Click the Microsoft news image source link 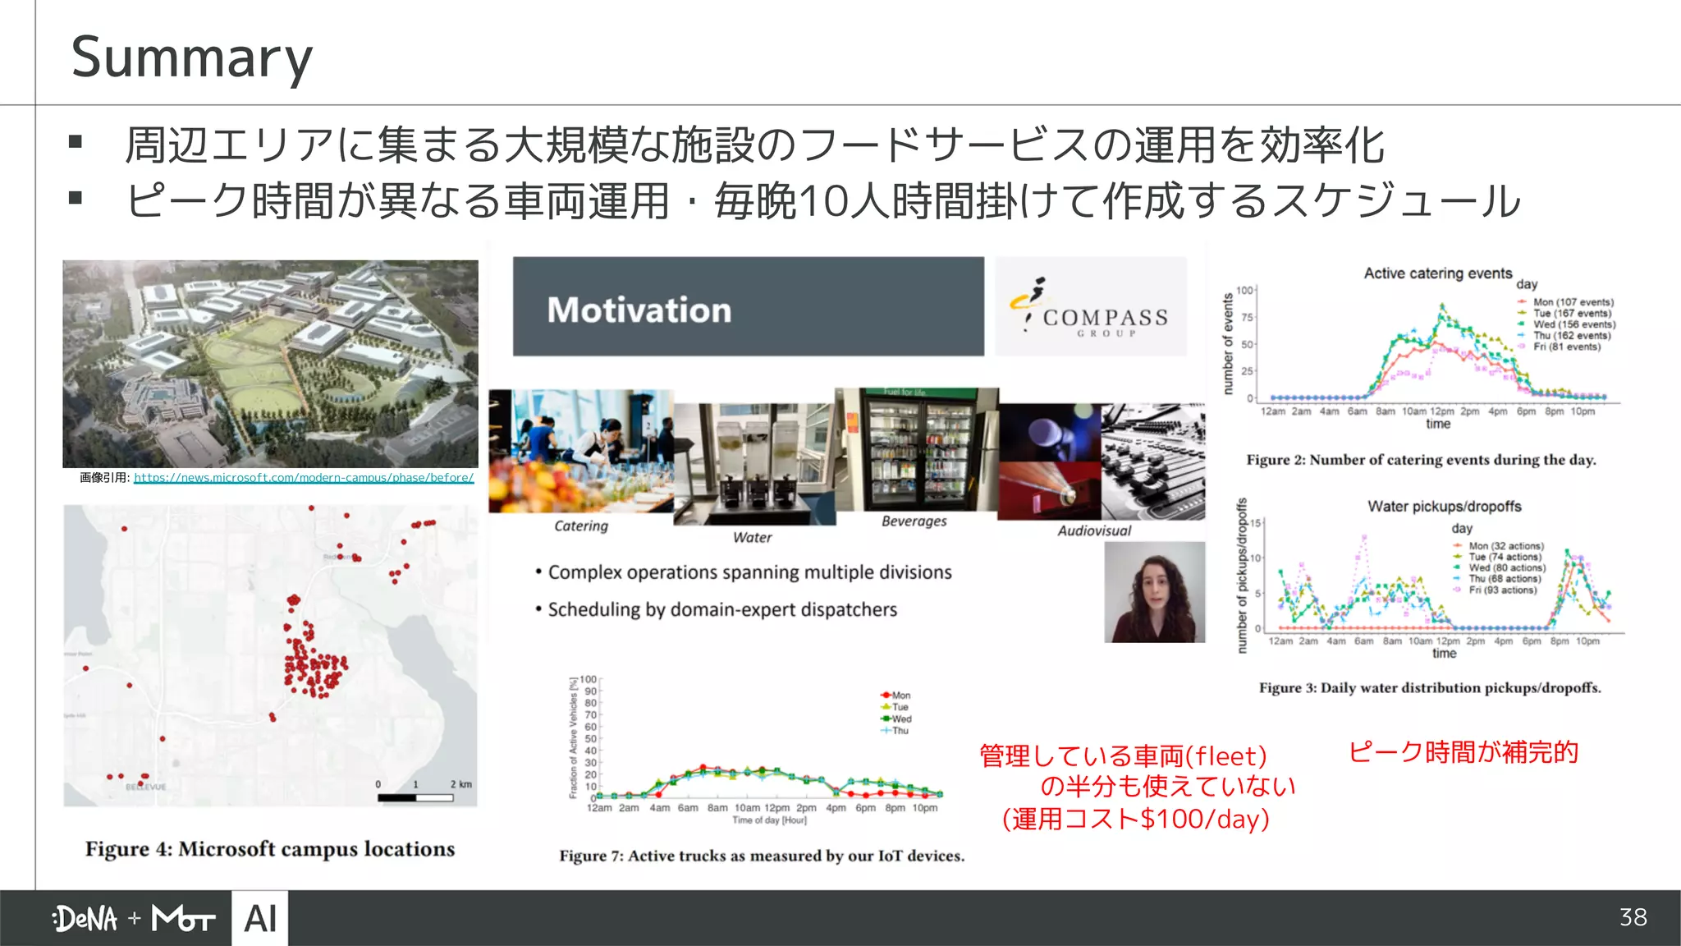coord(304,478)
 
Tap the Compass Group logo coord(1091,308)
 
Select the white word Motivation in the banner coord(639,310)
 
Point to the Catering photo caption coord(581,526)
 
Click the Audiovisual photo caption coord(1093,531)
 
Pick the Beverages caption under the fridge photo coord(914,521)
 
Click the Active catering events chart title coord(1437,273)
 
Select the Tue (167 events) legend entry coord(1571,314)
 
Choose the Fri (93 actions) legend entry coord(1501,590)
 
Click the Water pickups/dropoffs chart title coord(1444,507)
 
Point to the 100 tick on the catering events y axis coord(1244,291)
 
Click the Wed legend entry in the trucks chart coord(900,719)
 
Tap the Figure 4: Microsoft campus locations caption coord(270,849)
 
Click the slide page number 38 coord(1633,917)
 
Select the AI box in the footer coord(260,918)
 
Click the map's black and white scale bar coord(415,797)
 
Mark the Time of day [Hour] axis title coord(769,820)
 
